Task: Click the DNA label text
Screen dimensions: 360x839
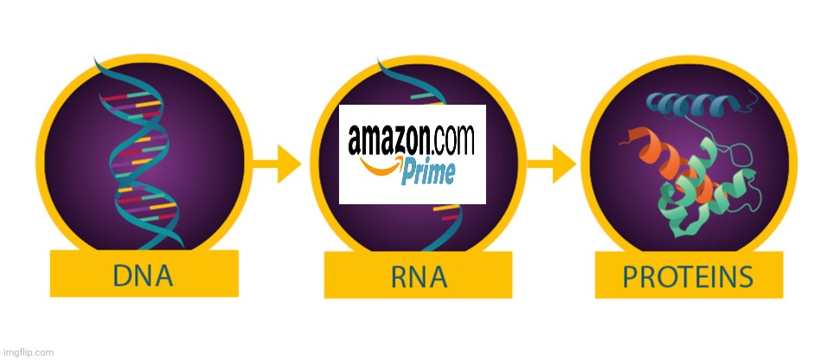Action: click(x=144, y=276)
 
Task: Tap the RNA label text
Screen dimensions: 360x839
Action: click(x=418, y=277)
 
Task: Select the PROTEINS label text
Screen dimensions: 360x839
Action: click(x=688, y=277)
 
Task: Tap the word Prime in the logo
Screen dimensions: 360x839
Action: click(x=428, y=173)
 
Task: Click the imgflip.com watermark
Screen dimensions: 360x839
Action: click(x=28, y=352)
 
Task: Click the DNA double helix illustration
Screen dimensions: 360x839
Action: click(x=138, y=156)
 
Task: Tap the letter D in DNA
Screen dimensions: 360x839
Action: click(x=122, y=276)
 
